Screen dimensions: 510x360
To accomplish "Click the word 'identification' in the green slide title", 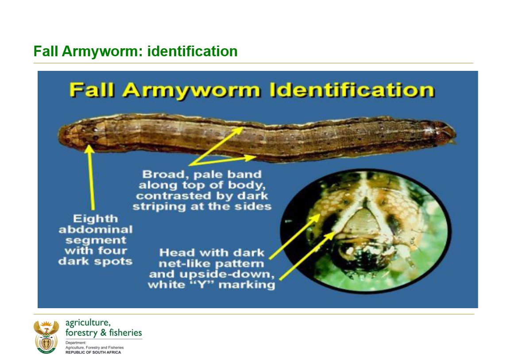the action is coord(192,51).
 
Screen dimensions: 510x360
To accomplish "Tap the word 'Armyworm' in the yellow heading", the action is coord(192,91).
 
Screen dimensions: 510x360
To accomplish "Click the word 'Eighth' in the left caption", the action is coord(95,219).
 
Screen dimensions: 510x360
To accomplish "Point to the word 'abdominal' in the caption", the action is coord(96,229).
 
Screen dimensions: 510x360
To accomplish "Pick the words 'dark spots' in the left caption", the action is coord(95,261).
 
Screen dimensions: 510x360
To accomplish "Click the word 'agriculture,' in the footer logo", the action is coord(88,323).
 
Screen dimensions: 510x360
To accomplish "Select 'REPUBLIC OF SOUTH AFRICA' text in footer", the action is coord(93,352).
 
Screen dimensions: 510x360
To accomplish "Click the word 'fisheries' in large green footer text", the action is coord(125,333).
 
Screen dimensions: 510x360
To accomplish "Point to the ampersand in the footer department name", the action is coord(104,333).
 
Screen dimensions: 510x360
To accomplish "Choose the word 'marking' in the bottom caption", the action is coord(247,285).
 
